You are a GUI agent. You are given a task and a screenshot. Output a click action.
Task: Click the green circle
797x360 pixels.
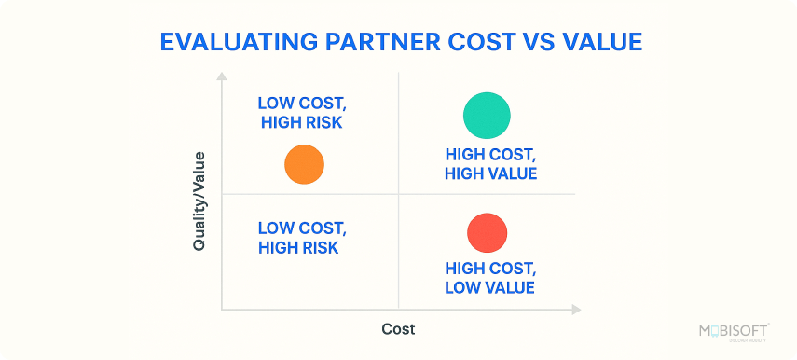(x=487, y=116)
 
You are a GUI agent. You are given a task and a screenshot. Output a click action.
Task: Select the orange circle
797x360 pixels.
(x=304, y=165)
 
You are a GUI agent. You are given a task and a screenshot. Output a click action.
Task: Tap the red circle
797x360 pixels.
(x=487, y=232)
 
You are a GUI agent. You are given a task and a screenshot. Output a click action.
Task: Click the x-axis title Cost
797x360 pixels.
(x=398, y=329)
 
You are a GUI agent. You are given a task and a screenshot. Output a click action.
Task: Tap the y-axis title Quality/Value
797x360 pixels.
(x=199, y=201)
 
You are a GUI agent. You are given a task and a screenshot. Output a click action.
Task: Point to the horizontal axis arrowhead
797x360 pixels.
(x=576, y=309)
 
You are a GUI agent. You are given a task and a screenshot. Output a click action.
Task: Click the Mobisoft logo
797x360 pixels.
(x=733, y=332)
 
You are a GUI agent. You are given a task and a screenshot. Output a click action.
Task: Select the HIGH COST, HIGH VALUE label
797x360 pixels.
(x=491, y=164)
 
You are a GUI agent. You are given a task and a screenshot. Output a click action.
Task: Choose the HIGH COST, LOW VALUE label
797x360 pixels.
(x=490, y=278)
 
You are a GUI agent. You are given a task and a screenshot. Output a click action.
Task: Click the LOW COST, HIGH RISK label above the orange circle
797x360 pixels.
(x=300, y=112)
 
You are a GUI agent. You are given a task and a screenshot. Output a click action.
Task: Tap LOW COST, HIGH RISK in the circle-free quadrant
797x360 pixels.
(x=300, y=238)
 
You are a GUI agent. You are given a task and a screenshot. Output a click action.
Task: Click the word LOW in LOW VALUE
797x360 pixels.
(x=462, y=287)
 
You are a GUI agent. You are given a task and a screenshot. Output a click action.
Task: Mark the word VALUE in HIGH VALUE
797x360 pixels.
(x=512, y=173)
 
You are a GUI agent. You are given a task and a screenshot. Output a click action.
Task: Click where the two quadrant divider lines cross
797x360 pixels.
(x=398, y=194)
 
